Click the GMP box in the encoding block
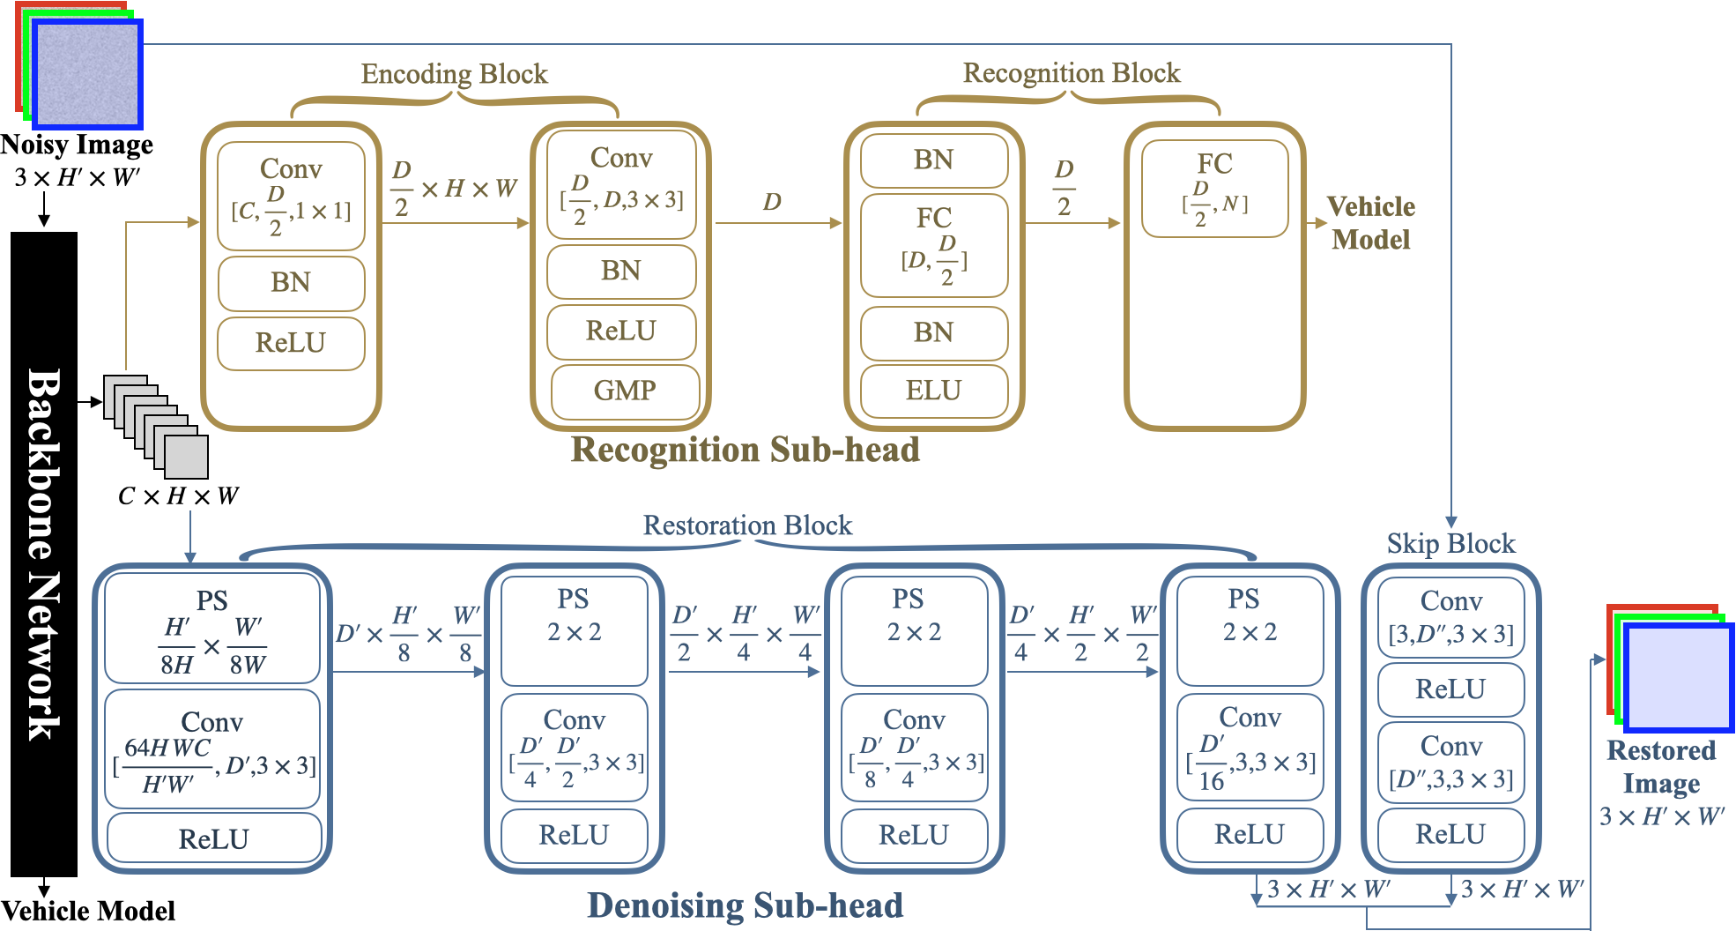click(625, 391)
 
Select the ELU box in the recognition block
click(933, 391)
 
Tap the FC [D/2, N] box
click(1214, 189)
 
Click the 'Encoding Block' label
click(454, 74)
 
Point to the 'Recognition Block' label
click(1071, 73)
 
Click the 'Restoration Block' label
click(747, 525)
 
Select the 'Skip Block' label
click(1450, 544)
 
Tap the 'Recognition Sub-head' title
click(745, 450)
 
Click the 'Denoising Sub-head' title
click(745, 905)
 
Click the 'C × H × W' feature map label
click(178, 496)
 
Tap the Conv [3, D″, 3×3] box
click(1450, 617)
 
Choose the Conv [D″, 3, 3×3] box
click(1450, 763)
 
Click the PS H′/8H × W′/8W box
click(211, 629)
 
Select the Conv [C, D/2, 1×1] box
click(291, 196)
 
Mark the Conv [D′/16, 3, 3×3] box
click(1250, 747)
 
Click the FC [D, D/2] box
click(933, 245)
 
